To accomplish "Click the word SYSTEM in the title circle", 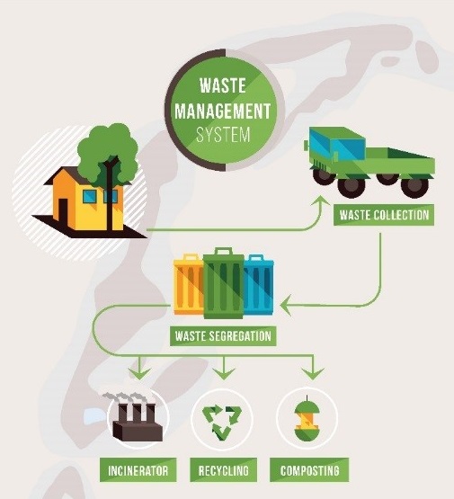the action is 223,135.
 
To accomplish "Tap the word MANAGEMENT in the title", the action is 223,111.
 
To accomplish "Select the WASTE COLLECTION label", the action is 384,215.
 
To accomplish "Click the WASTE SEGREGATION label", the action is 223,335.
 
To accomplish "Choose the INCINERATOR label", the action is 138,470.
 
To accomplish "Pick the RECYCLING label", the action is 223,470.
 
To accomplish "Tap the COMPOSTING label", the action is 309,470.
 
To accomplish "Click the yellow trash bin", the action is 189,284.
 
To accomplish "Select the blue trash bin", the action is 258,284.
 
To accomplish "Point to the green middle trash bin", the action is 224,283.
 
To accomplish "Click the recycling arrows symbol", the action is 222,420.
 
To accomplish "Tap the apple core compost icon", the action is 307,419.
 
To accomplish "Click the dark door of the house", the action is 63,213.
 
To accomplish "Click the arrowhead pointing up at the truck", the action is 321,202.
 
